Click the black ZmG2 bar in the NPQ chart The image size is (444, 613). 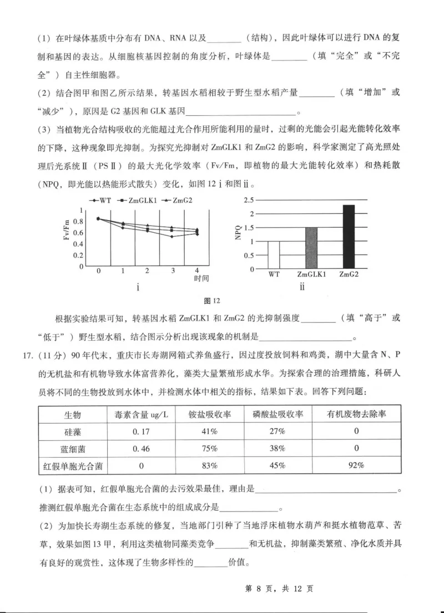348,237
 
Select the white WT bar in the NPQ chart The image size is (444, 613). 274,255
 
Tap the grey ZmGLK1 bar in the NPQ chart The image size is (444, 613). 311,248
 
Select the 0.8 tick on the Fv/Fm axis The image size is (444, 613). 78,221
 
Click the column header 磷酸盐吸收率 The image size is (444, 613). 276,415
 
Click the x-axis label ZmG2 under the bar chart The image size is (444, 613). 348,275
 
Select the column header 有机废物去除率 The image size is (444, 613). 356,415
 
